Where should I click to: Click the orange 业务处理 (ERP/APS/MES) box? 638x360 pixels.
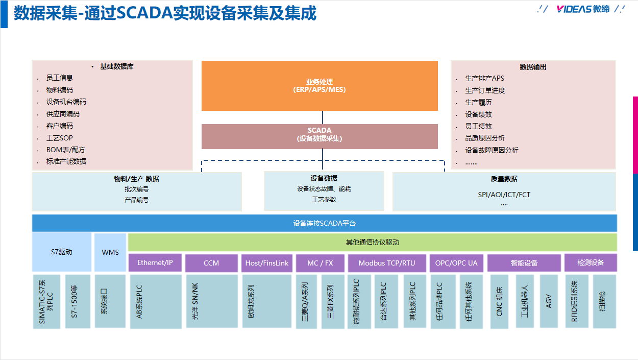320,86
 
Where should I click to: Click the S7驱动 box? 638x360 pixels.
62,252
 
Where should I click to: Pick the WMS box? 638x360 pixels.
110,252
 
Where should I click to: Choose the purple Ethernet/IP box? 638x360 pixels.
155,263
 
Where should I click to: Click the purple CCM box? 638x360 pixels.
211,263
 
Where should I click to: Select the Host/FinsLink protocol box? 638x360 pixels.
267,263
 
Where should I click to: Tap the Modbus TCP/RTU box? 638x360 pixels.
386,263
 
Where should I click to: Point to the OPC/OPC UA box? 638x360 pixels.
456,263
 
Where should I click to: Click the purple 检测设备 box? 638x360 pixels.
591,262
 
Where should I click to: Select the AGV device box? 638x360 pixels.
549,301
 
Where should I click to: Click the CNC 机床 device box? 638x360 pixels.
500,301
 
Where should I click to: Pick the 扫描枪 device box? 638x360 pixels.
604,301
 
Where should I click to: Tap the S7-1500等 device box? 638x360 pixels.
78,301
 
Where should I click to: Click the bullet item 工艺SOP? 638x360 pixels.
60,138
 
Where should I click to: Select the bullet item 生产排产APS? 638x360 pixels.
484,78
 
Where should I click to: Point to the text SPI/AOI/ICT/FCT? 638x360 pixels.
504,195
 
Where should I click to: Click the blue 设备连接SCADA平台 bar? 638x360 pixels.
324,223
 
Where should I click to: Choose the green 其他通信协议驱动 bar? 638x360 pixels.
372,242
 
